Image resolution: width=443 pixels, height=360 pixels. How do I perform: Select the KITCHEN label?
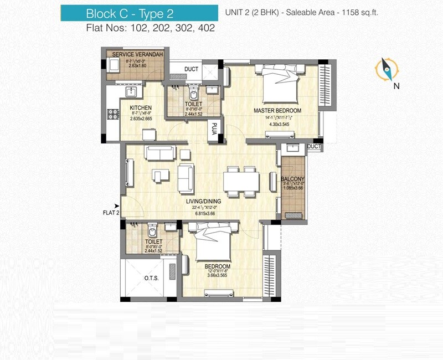pos(141,107)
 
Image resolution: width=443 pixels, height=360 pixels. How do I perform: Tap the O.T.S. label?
pos(151,279)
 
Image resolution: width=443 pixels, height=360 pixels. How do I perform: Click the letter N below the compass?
pos(396,86)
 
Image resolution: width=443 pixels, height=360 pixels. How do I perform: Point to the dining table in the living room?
pos(241,182)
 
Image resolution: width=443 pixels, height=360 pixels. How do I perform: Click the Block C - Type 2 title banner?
pos(124,12)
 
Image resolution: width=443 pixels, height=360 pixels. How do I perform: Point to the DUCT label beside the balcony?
pos(313,146)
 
